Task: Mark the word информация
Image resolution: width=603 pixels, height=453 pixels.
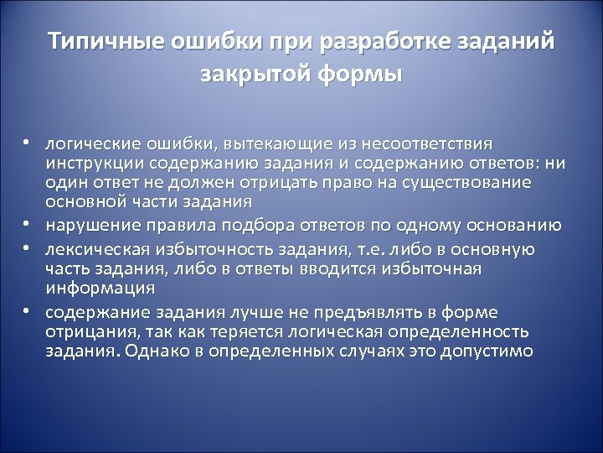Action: point(100,288)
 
